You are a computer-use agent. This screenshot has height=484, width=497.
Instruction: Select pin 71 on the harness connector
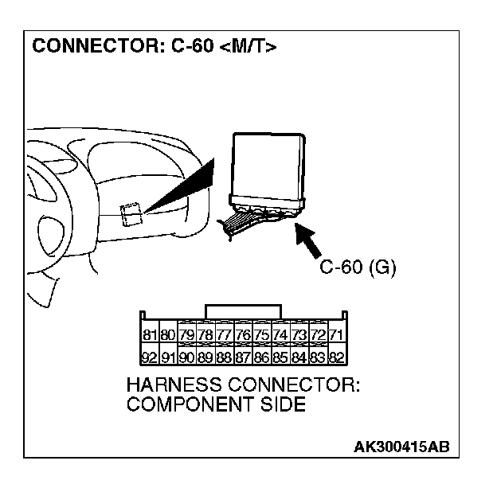(336, 334)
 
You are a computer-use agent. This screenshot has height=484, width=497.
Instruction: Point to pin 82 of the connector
(336, 357)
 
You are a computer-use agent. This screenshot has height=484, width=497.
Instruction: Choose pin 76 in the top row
(243, 334)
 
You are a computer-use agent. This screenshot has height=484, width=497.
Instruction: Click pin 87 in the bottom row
(243, 357)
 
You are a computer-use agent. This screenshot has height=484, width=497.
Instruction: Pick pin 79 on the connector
(187, 334)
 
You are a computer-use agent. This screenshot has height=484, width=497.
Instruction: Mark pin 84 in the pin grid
(299, 357)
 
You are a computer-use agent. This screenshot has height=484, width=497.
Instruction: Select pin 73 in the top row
(299, 334)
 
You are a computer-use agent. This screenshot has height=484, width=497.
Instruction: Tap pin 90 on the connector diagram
(187, 357)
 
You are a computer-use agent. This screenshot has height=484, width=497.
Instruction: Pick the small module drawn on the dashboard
(131, 213)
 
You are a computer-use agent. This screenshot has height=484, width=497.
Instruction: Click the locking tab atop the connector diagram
(243, 311)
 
